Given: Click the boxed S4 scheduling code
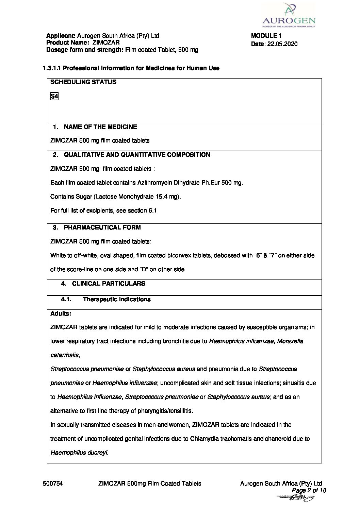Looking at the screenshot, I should (x=54, y=96).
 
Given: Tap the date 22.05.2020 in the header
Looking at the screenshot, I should (x=282, y=44).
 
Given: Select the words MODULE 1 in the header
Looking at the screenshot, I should (x=266, y=36).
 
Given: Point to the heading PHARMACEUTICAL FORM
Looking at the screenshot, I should (x=102, y=227).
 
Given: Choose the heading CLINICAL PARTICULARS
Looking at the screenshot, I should (x=109, y=284).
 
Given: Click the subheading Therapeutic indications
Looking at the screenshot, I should (x=117, y=299).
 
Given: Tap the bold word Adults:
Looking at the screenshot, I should (x=61, y=313).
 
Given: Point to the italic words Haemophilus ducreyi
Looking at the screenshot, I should (x=79, y=453).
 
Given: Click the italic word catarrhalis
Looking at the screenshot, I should (x=65, y=355).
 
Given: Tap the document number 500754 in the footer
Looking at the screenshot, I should (x=53, y=483).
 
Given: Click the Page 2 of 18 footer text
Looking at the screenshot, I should (x=309, y=490).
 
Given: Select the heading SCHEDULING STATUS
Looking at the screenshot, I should (x=83, y=82).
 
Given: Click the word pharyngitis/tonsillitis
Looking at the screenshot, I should (x=165, y=411).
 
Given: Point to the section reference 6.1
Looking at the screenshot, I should (x=152, y=210).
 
